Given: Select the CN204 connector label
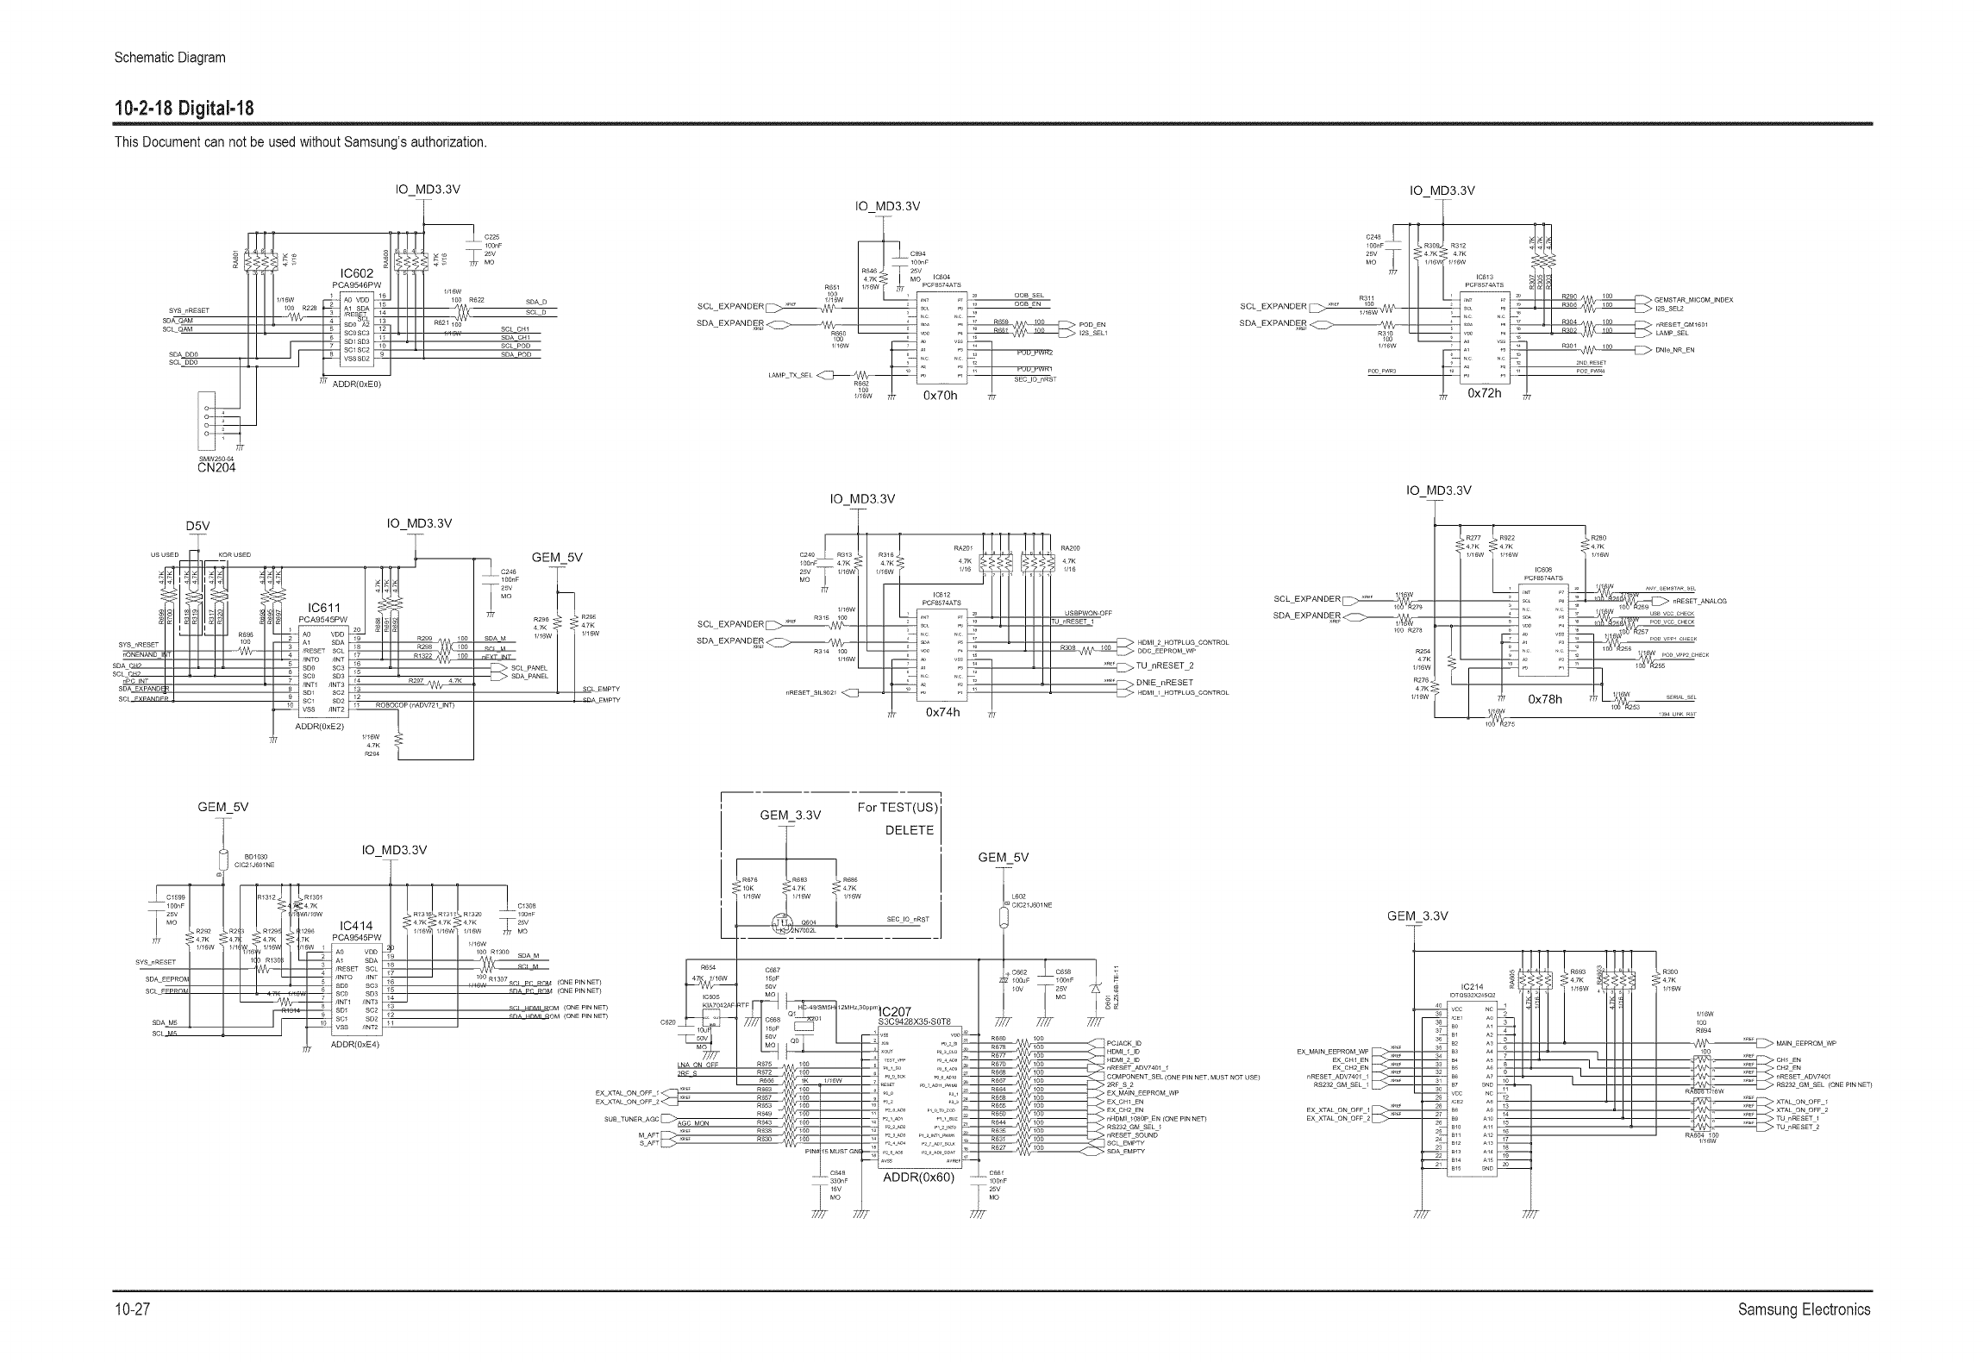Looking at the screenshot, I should [216, 467].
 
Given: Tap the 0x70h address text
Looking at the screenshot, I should [940, 396].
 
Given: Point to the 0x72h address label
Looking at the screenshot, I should [1485, 393].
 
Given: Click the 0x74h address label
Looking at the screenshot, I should [942, 713].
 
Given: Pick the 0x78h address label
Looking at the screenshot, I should [1545, 699].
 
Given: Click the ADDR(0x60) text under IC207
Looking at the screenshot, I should [919, 1178].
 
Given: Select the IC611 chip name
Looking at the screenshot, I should [324, 609].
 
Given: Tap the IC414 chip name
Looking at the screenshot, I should [356, 926].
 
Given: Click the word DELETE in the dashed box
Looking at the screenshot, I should [910, 830].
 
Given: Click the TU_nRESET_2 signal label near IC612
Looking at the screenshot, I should [1165, 665].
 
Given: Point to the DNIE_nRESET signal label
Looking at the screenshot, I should [1165, 682].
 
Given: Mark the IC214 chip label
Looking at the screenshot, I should [1472, 987].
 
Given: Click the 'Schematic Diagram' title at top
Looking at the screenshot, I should [170, 58].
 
